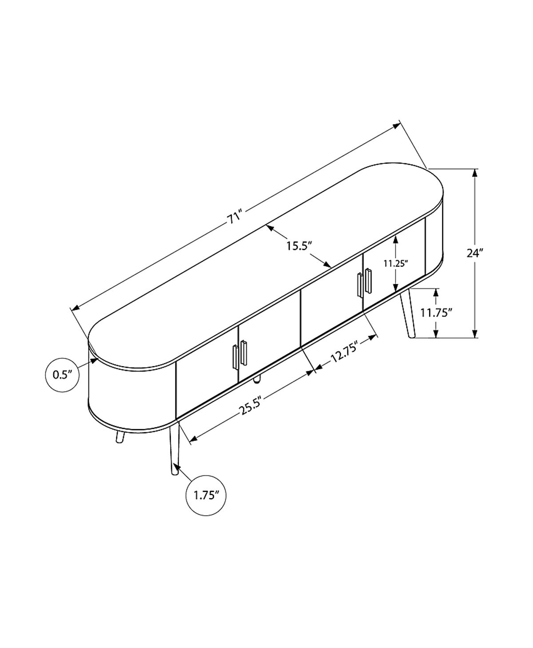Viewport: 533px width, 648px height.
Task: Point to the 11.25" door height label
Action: click(x=395, y=263)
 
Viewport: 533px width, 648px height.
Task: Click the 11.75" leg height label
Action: click(x=434, y=313)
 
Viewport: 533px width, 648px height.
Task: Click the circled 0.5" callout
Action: click(x=62, y=375)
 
